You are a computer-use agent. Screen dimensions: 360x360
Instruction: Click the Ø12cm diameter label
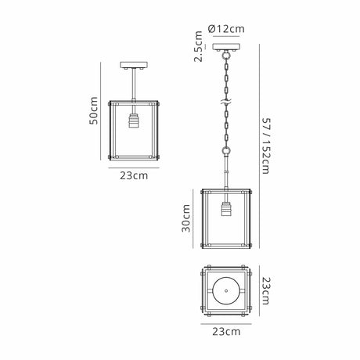click(x=226, y=29)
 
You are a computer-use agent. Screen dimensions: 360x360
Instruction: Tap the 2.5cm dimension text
click(x=198, y=46)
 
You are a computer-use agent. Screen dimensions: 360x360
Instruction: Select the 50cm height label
click(x=93, y=110)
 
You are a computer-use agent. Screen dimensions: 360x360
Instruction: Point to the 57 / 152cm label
click(x=266, y=146)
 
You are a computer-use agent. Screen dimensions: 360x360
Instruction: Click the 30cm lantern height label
click(x=185, y=218)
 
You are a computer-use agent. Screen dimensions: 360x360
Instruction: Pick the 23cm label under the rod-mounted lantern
click(x=134, y=175)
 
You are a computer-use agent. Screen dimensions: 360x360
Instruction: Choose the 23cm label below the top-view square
click(x=226, y=332)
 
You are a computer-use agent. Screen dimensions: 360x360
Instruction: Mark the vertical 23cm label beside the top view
click(x=266, y=291)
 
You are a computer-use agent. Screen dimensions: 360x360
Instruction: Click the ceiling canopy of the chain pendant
click(x=226, y=47)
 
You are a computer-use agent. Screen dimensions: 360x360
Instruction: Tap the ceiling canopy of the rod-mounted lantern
click(x=134, y=65)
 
